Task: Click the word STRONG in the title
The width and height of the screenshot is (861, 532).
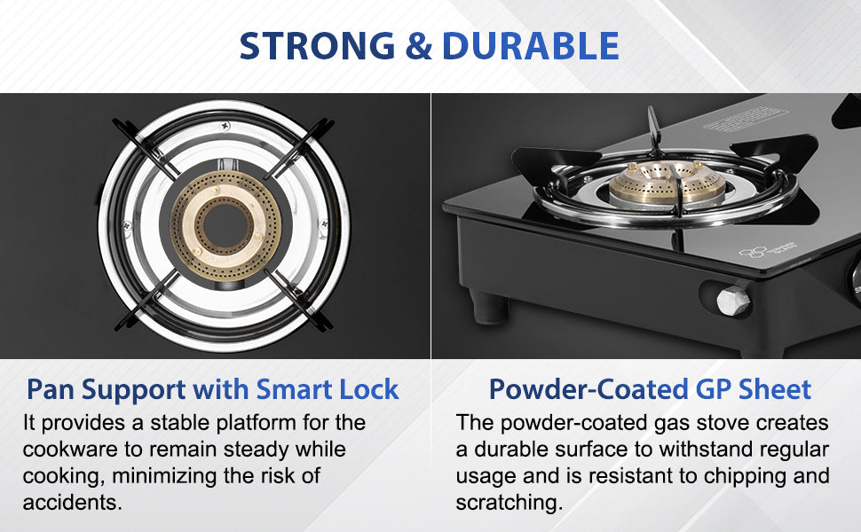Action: click(318, 45)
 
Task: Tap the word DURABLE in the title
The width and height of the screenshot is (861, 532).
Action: click(531, 45)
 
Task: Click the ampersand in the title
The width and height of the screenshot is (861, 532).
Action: click(419, 45)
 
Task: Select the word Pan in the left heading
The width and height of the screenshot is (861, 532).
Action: click(51, 389)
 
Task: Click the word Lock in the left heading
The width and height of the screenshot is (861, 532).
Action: click(369, 389)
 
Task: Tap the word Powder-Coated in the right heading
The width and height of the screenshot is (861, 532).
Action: click(588, 389)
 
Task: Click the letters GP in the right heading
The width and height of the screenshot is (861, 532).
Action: click(714, 389)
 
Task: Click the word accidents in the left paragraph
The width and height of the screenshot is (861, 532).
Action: click(72, 502)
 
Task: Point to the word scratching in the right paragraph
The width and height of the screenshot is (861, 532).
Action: click(509, 502)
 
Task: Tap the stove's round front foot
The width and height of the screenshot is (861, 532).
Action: click(490, 309)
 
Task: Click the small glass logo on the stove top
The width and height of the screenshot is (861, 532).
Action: click(768, 250)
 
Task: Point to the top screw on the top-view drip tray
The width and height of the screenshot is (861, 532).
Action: click(225, 128)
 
